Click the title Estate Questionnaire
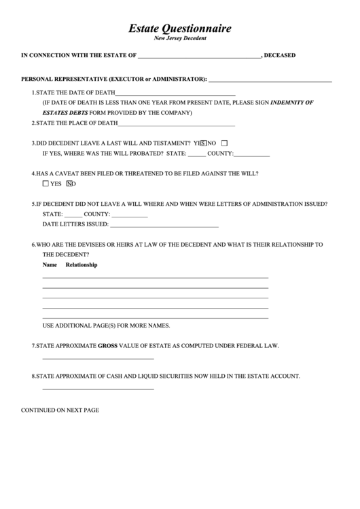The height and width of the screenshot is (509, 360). tap(180, 29)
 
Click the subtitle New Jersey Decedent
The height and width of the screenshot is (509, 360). tap(180, 39)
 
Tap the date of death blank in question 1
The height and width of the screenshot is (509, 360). tap(176, 93)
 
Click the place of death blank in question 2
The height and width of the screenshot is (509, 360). tap(177, 124)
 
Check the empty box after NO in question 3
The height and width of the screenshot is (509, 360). tap(225, 143)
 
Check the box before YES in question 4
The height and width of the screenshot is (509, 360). tap(46, 184)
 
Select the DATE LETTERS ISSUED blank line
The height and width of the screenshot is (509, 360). tap(164, 224)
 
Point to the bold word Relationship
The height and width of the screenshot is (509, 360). tap(82, 265)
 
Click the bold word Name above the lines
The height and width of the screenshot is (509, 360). tap(50, 265)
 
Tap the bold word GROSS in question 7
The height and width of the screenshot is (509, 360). tap(107, 346)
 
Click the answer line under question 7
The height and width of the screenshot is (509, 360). tap(98, 358)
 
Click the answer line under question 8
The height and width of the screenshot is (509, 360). tap(98, 389)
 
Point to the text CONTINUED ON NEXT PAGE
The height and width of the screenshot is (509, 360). tap(60, 410)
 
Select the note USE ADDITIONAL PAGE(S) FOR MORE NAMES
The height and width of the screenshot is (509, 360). tap(106, 326)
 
